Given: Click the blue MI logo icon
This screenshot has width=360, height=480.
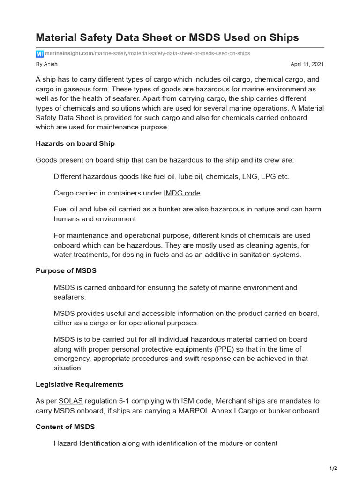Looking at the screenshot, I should pyautogui.click(x=39, y=54).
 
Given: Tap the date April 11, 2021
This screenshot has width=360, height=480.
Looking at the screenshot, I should pyautogui.click(x=307, y=64).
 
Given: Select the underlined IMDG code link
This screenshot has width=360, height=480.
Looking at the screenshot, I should pyautogui.click(x=182, y=193).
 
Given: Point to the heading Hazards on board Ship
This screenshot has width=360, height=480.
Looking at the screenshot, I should pyautogui.click(x=75, y=143).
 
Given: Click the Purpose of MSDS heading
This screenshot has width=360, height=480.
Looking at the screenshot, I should pyautogui.click(x=66, y=270).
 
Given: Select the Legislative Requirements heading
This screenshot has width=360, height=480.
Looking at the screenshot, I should pyautogui.click(x=80, y=384).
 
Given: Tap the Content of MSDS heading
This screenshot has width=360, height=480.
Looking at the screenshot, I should pyautogui.click(x=65, y=426).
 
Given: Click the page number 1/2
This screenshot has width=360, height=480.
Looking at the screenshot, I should pyautogui.click(x=333, y=468).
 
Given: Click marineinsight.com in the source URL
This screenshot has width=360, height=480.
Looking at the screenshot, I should pyautogui.click(x=69, y=54).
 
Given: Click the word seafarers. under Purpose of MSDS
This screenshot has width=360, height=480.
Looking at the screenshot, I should pyautogui.click(x=70, y=297).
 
